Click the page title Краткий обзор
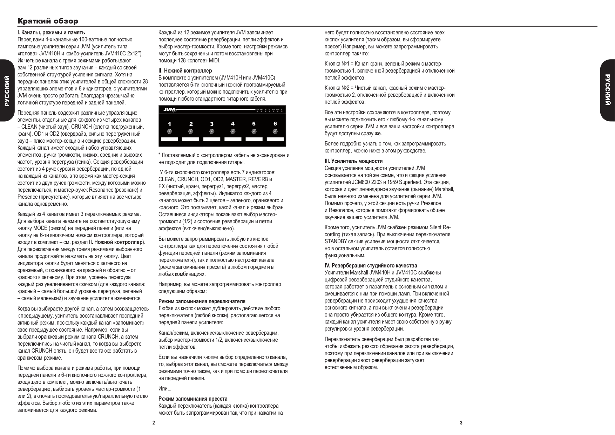pyautogui.click(x=48, y=21)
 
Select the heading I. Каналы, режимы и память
pyautogui.click(x=51, y=33)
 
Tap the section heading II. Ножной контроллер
pyautogui.click(x=185, y=71)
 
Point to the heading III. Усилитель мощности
pyautogui.click(x=353, y=161)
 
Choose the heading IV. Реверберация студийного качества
pyautogui.click(x=371, y=266)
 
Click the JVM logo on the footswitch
pyautogui.click(x=170, y=110)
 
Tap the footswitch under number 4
pyautogui.click(x=233, y=131)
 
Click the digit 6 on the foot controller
pyautogui.click(x=275, y=123)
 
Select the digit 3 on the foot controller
pyautogui.click(x=212, y=124)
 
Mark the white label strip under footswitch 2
pyautogui.click(x=191, y=140)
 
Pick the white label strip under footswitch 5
pyautogui.click(x=254, y=140)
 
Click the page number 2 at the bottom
pyautogui.click(x=154, y=423)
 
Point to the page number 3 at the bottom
pyautogui.click(x=461, y=423)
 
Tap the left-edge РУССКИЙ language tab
pyautogui.click(x=6, y=90)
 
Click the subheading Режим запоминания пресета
pyautogui.click(x=193, y=399)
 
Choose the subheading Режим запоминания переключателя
pyautogui.click(x=202, y=301)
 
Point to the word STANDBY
pyautogui.click(x=336, y=242)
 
